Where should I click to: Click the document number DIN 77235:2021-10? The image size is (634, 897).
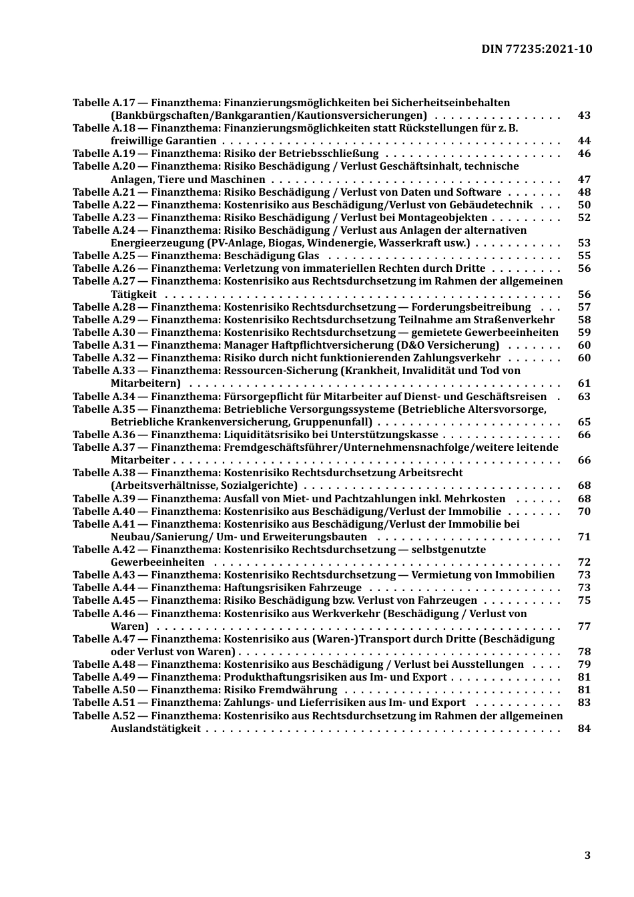pyautogui.click(x=537, y=49)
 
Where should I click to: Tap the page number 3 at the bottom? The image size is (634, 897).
pyautogui.click(x=587, y=855)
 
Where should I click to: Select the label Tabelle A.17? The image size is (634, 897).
pyautogui.click(x=103, y=103)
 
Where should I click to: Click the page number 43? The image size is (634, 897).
pyautogui.click(x=584, y=116)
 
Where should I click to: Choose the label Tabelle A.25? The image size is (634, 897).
pyautogui.click(x=103, y=256)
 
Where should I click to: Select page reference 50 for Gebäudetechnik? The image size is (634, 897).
pyautogui.click(x=584, y=205)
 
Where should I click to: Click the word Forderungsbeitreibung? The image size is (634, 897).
pyautogui.click(x=470, y=307)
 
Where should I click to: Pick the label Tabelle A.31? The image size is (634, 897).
pyautogui.click(x=103, y=345)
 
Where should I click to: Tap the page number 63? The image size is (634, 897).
pyautogui.click(x=584, y=397)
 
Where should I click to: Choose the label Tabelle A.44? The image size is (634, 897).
pyautogui.click(x=103, y=588)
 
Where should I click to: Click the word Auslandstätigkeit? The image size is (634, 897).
pyautogui.click(x=155, y=729)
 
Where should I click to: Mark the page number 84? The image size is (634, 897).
pyautogui.click(x=584, y=729)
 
